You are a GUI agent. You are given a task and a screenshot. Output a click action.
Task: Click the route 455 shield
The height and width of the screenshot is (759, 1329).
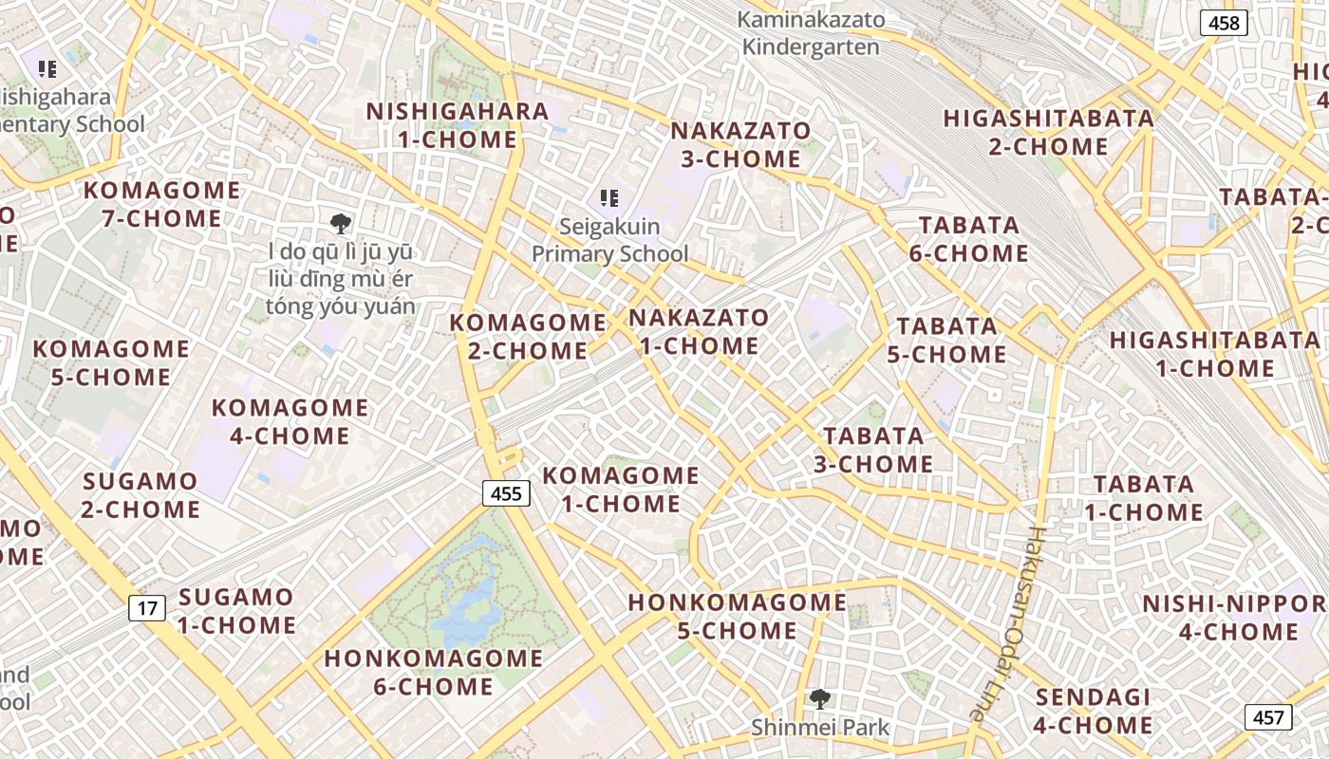click(507, 493)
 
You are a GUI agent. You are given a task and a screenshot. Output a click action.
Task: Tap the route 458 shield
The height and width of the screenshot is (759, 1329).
click(1224, 23)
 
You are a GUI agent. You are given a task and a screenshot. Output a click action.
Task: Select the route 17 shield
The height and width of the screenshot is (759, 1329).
click(147, 608)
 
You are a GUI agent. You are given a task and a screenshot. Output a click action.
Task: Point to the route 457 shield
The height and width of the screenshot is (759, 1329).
click(1268, 717)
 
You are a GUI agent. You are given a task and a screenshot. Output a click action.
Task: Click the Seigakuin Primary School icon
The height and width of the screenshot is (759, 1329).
click(609, 198)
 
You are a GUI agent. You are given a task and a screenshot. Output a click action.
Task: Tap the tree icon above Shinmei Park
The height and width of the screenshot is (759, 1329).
click(820, 700)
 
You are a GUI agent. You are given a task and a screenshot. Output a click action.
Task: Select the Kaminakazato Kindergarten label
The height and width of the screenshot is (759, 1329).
click(811, 33)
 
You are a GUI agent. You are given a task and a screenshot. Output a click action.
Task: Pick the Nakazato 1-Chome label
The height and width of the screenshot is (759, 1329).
click(699, 331)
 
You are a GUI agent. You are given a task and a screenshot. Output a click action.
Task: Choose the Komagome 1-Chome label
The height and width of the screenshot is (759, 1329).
click(621, 489)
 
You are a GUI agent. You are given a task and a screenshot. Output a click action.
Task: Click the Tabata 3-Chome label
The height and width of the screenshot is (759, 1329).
click(873, 450)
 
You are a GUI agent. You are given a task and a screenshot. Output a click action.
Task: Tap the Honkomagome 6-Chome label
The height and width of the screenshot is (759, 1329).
click(434, 672)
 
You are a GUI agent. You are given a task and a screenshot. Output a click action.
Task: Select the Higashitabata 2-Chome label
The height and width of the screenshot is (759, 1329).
click(1049, 133)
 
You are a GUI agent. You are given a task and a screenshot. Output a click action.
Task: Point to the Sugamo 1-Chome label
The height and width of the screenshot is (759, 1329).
click(236, 611)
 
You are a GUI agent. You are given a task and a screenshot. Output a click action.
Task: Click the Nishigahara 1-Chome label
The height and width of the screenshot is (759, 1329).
click(458, 125)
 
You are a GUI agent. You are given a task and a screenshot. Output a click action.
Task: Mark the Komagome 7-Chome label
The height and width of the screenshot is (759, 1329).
click(161, 204)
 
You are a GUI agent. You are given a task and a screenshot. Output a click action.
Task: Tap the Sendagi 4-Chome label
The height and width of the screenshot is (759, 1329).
click(1094, 712)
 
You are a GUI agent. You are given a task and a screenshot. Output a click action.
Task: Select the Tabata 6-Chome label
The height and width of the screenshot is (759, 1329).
click(969, 239)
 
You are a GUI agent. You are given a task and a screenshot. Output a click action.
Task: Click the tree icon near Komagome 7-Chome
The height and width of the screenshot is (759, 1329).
click(340, 224)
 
